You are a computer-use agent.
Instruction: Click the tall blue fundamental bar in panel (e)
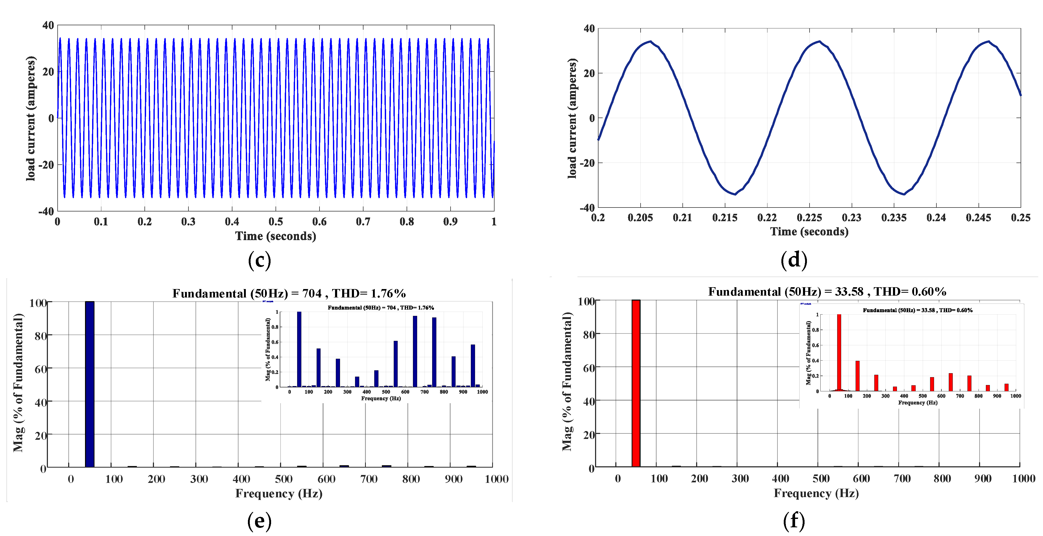coord(89,384)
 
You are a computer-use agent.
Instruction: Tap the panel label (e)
coord(259,521)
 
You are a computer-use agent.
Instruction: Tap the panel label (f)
coord(794,521)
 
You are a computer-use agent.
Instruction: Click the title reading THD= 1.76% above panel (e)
coord(289,293)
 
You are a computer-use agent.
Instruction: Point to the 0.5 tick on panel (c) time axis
coord(276,222)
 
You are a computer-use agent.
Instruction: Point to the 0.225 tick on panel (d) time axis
coord(809,218)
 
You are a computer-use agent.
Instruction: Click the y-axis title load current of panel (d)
coord(572,118)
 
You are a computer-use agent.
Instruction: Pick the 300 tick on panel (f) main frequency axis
coord(740,479)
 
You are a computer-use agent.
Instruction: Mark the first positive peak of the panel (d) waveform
coord(650,41)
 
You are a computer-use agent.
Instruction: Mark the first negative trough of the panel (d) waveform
coord(735,194)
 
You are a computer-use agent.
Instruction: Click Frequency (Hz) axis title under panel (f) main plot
coord(816,493)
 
